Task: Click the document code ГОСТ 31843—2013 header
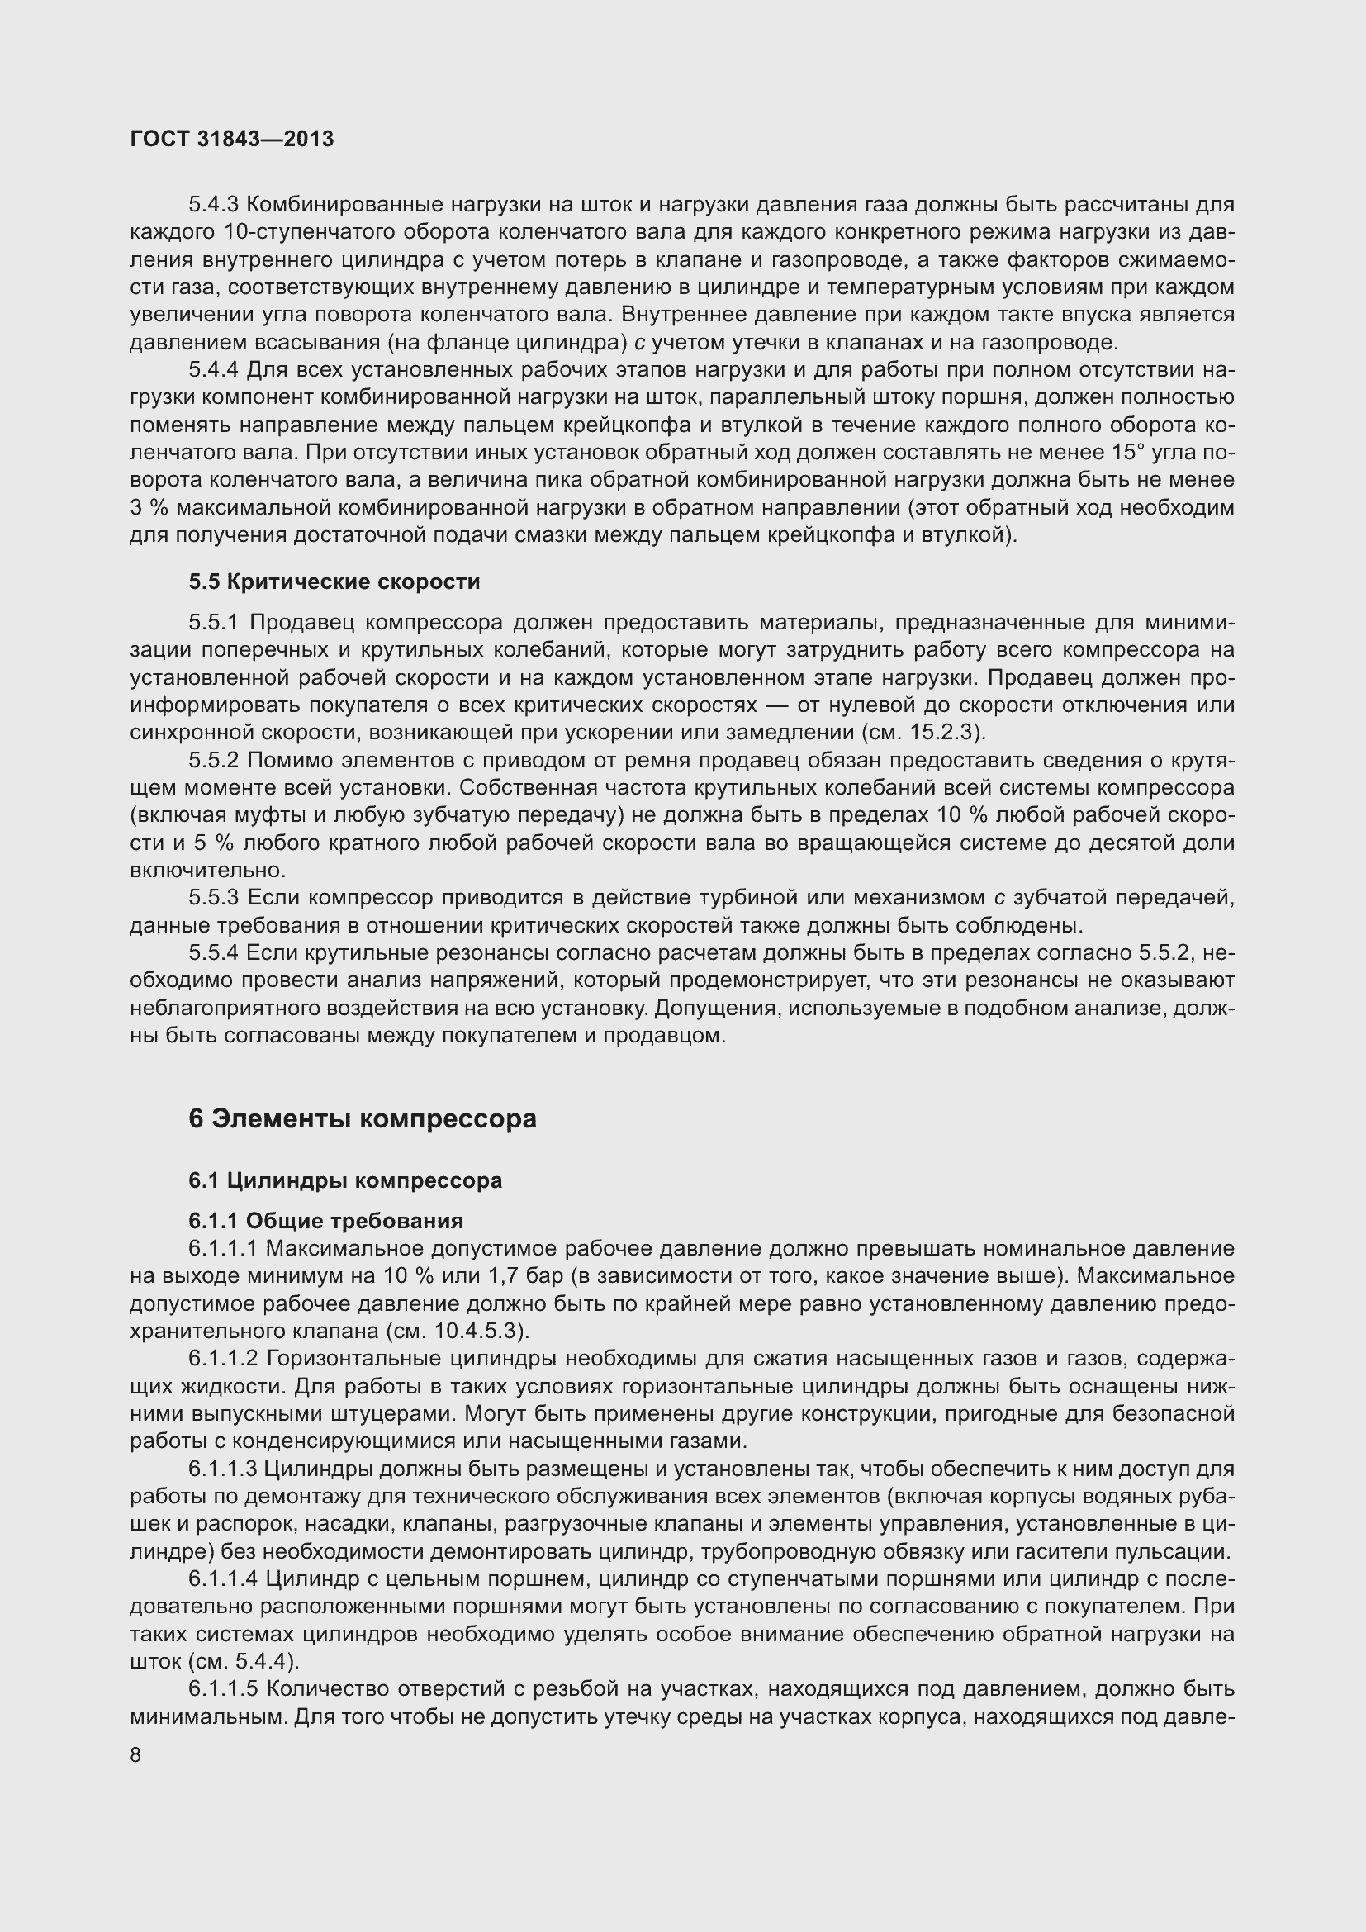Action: click(x=232, y=139)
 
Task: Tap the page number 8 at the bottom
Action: click(x=136, y=1755)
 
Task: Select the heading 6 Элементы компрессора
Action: click(x=363, y=1118)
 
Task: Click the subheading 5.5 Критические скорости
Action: click(x=334, y=581)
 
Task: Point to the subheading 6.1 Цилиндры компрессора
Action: click(x=345, y=1180)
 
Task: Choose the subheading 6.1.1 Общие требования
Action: click(x=325, y=1221)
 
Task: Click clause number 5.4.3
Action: click(x=214, y=205)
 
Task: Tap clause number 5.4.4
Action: click(x=214, y=370)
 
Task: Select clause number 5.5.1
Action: click(x=214, y=623)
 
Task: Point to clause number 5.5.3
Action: click(x=214, y=899)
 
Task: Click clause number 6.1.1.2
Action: click(x=225, y=1359)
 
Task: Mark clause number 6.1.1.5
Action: click(x=225, y=1689)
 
